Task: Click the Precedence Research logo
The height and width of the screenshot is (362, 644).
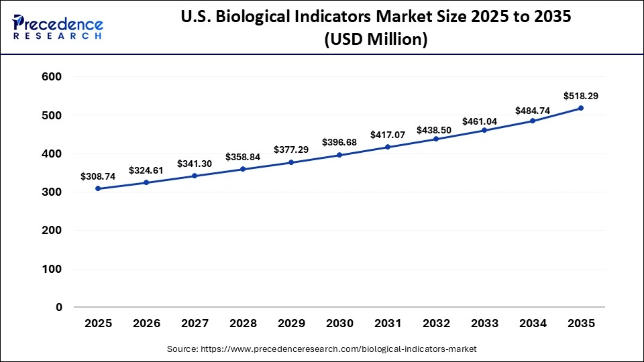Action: pyautogui.click(x=58, y=27)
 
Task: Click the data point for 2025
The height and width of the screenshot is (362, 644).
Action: pyautogui.click(x=98, y=188)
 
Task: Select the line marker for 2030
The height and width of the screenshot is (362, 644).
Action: pyautogui.click(x=339, y=155)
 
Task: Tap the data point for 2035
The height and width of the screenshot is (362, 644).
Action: pyautogui.click(x=581, y=108)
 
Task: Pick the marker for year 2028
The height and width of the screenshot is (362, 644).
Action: pyautogui.click(x=243, y=169)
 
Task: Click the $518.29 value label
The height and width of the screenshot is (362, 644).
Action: pyautogui.click(x=581, y=96)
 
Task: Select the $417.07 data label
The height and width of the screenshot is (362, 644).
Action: pyautogui.click(x=388, y=135)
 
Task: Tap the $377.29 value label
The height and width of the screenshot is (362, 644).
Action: pyautogui.click(x=291, y=149)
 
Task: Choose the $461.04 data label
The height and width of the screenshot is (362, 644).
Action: pyautogui.click(x=484, y=121)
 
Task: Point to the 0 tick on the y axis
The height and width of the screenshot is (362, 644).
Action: pyautogui.click(x=59, y=307)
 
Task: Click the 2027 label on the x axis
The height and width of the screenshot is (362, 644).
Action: pyautogui.click(x=195, y=324)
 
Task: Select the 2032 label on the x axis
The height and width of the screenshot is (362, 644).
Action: pyautogui.click(x=436, y=324)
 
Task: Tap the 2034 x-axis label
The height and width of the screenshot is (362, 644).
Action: pyautogui.click(x=533, y=324)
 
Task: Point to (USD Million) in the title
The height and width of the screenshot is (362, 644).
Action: pyautogui.click(x=376, y=40)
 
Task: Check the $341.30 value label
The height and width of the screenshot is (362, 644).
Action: pyautogui.click(x=195, y=163)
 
